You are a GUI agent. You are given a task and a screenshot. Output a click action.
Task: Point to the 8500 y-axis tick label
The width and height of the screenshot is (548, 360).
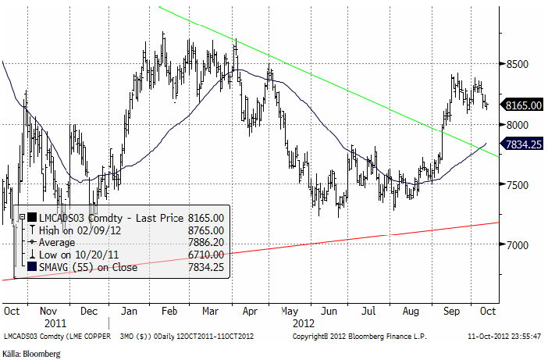click(x=515, y=65)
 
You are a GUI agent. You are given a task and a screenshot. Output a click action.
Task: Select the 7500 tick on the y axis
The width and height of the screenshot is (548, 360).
click(x=515, y=185)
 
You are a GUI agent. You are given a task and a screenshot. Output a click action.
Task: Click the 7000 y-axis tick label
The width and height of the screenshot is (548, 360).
click(x=515, y=245)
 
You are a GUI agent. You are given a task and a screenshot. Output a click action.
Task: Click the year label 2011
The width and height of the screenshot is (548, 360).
click(x=54, y=322)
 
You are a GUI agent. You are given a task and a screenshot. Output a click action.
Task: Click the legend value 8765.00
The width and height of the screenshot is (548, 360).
click(x=207, y=230)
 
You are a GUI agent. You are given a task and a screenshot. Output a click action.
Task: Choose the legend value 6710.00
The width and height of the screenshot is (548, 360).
click(x=207, y=255)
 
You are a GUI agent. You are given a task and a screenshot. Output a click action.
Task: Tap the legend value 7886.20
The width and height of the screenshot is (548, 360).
click(x=207, y=243)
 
